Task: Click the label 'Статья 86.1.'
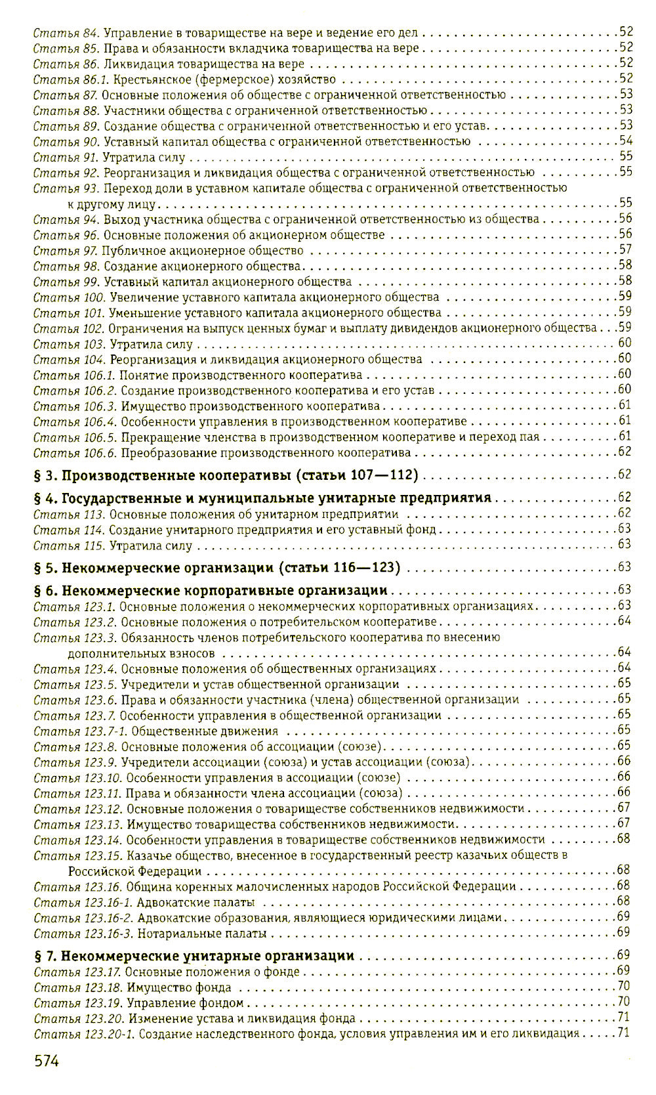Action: click(x=72, y=79)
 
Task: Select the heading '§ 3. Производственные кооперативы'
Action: click(x=225, y=475)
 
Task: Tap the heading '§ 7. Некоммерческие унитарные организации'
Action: click(x=194, y=956)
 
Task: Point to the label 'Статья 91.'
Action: click(x=65, y=158)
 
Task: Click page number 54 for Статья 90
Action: click(x=625, y=140)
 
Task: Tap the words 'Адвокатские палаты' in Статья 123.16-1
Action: click(x=196, y=903)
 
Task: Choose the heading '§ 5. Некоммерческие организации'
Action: click(x=216, y=567)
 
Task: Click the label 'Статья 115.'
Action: click(x=68, y=546)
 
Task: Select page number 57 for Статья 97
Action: click(x=625, y=249)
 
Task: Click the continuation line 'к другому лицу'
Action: click(x=112, y=204)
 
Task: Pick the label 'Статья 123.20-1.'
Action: click(x=83, y=1034)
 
